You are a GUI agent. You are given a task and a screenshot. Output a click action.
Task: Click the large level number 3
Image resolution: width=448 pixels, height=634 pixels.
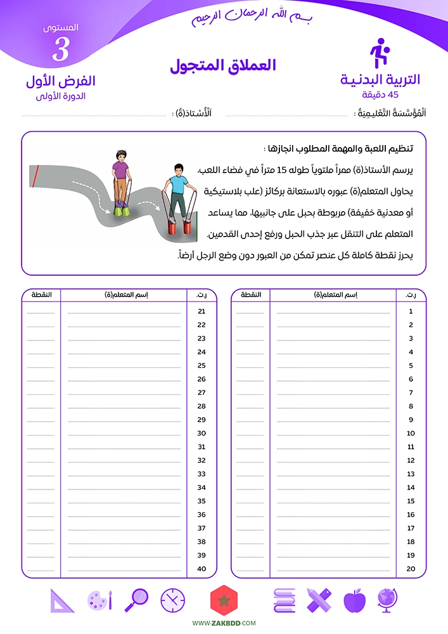(61, 49)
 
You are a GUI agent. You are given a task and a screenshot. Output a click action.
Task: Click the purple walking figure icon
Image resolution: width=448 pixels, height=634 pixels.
(379, 53)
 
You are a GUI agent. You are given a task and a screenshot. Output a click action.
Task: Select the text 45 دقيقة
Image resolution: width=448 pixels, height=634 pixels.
(380, 94)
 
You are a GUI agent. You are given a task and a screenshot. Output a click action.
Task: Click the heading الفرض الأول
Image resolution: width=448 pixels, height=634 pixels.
(61, 81)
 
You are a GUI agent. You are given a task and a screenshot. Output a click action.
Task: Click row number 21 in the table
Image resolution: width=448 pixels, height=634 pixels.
(202, 311)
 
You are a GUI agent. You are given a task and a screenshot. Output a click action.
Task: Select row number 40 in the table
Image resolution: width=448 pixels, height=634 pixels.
(202, 569)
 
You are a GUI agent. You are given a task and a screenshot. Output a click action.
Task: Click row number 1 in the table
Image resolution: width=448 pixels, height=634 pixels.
(411, 311)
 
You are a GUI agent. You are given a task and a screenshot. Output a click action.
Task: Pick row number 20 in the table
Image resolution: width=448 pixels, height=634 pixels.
(411, 569)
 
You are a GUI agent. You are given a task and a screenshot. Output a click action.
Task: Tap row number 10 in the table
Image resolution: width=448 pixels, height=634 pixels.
(411, 433)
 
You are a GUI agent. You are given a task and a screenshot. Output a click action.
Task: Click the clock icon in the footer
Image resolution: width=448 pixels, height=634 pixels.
(172, 600)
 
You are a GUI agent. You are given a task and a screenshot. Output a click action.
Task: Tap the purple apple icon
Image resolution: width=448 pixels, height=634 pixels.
(354, 600)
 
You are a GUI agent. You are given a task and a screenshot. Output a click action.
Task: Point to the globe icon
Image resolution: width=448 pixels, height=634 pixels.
(387, 599)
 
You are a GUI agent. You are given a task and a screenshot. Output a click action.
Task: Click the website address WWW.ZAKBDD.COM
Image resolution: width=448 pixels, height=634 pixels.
(224, 624)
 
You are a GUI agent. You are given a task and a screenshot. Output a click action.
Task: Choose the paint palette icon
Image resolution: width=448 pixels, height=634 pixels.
(99, 600)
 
